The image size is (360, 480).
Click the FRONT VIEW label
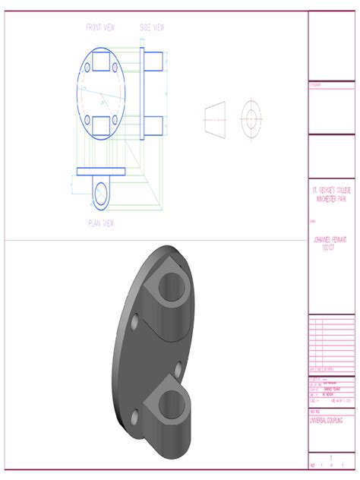pos(100,27)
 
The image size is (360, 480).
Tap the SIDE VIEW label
pos(152,27)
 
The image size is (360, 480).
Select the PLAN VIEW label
pos(101,223)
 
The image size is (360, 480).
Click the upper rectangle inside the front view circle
pos(101,58)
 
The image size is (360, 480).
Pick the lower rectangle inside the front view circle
pos(101,124)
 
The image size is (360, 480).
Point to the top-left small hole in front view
pos(87,68)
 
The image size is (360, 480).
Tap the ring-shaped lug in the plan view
pos(101,194)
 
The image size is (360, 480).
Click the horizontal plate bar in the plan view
pos(101,171)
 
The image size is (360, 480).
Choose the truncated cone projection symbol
pos(215,118)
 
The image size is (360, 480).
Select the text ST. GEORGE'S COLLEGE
pos(331,189)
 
